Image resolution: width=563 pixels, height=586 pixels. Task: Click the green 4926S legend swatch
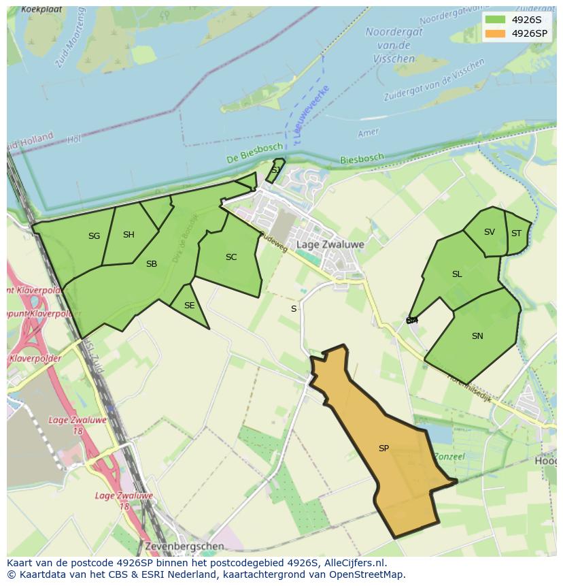495,20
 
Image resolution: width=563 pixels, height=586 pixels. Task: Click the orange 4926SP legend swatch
495,33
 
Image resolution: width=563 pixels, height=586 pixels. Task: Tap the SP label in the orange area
383,449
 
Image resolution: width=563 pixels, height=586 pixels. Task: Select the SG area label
94,236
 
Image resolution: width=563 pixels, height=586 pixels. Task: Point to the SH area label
129,235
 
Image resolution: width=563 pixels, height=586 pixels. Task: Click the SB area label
152,264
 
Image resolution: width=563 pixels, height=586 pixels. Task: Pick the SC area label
231,257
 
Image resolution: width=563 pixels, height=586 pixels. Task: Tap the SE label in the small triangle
189,306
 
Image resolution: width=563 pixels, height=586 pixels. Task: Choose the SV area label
490,232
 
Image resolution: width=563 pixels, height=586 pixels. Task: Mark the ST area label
516,233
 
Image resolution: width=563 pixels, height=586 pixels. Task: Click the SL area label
457,274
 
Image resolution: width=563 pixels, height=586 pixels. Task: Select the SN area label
477,336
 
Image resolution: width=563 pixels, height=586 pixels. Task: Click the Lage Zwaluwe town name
330,244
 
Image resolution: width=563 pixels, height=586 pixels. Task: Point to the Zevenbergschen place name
184,547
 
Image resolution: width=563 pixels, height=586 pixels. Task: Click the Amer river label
368,133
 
